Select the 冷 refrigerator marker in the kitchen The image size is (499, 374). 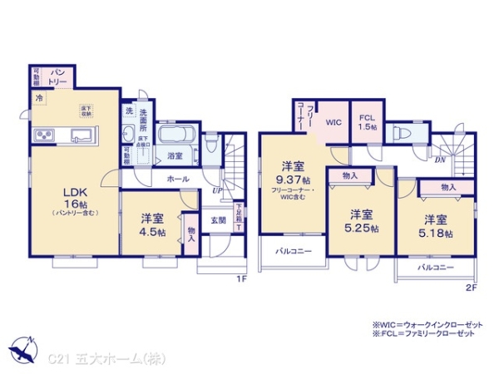click(x=38, y=99)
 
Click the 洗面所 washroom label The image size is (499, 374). click(x=146, y=116)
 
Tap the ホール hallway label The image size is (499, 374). click(x=176, y=178)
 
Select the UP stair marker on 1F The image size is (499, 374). click(x=218, y=190)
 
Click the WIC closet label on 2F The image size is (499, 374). click(x=333, y=122)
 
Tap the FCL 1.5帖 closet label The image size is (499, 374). click(x=366, y=122)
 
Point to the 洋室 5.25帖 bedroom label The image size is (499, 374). click(x=362, y=220)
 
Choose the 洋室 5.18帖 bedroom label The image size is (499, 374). click(x=437, y=225)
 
